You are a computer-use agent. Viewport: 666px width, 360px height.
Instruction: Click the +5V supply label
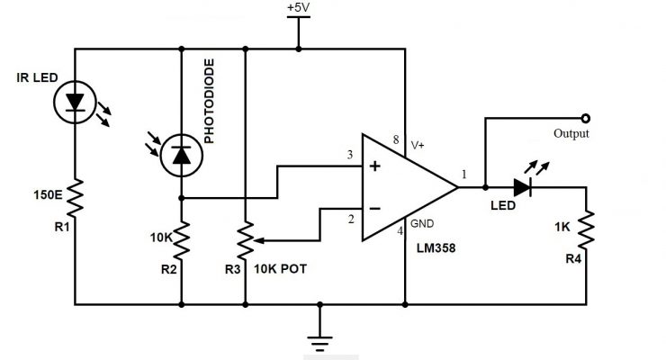297,8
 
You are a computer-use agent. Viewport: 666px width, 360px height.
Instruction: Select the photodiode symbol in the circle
181,157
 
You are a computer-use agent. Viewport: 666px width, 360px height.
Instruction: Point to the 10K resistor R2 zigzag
181,239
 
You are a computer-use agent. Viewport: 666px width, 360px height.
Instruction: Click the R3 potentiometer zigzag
245,240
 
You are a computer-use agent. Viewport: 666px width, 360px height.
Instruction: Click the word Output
571,134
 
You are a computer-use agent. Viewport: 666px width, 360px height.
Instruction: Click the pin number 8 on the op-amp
395,139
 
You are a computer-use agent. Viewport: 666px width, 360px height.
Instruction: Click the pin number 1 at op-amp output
465,175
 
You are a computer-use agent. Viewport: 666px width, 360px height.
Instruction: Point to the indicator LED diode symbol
525,188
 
